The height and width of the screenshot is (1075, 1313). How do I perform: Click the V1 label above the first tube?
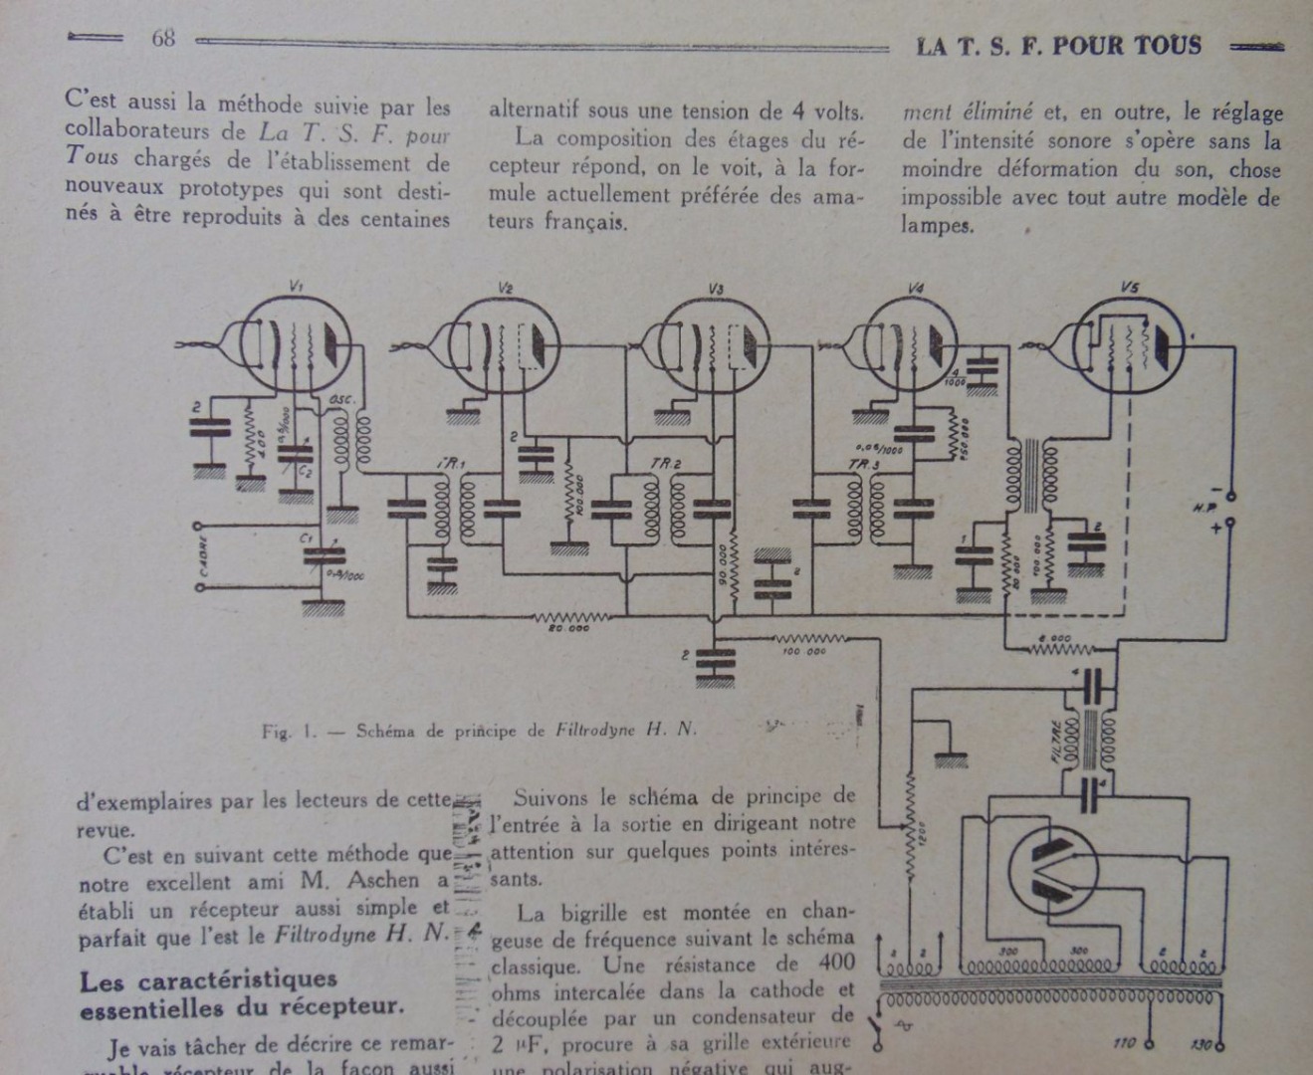tap(296, 287)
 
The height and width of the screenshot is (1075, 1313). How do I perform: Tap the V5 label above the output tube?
tap(1129, 288)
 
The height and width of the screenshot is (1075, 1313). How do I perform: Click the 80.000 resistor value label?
tap(563, 628)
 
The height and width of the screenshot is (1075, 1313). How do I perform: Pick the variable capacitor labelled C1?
tap(321, 558)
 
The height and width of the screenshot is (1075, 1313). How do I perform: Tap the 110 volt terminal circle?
tap(1150, 1044)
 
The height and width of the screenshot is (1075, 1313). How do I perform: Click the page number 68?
tap(163, 40)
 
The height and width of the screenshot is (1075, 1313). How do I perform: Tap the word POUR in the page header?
tap(1092, 46)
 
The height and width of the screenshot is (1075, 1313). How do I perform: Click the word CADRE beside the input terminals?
tap(204, 556)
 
